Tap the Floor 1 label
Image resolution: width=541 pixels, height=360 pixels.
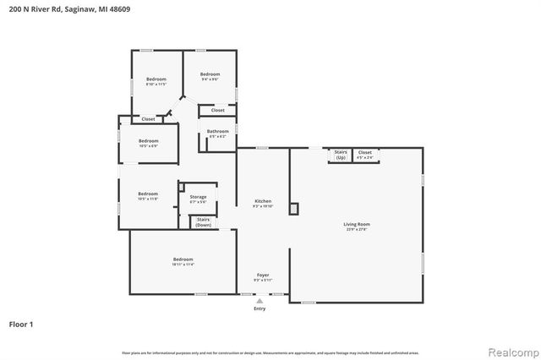coord(21,324)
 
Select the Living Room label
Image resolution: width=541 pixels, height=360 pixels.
coord(356,224)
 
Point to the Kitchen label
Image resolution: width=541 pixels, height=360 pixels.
coord(263,201)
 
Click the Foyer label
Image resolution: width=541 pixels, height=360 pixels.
coord(263,275)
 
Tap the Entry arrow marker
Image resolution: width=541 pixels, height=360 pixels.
coord(260,299)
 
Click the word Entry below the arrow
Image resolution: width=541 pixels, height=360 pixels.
coord(260,308)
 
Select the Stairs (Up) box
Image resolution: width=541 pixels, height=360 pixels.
coord(341,155)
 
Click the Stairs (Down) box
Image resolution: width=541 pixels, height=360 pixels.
coord(204,222)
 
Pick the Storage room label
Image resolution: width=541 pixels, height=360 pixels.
coord(198,197)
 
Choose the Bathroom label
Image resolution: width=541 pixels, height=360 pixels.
coord(218,131)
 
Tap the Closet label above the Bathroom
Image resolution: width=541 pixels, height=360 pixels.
coord(218,110)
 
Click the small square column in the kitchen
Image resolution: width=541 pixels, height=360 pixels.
coord(293,208)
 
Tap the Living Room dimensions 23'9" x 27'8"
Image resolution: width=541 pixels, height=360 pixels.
coord(356,228)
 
